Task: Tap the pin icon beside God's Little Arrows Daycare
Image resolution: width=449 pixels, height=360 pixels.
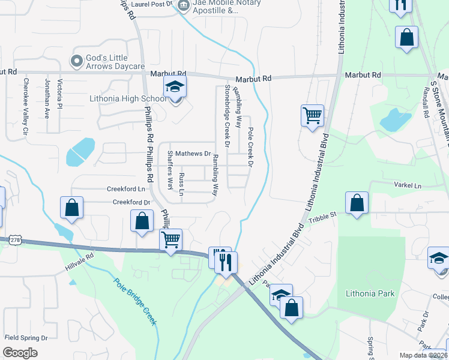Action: point(76,61)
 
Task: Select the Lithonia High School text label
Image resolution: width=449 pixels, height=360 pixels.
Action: point(128,98)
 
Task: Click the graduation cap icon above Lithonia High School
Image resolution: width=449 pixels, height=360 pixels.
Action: point(175,87)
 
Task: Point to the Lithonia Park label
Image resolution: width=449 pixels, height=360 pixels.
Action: point(370,293)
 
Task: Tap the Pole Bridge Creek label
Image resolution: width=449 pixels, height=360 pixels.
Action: point(135,301)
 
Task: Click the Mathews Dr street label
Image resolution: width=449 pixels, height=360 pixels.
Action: point(193,154)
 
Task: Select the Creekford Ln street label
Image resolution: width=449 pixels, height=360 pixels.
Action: point(127,188)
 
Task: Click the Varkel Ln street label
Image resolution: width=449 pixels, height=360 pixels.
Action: point(410,185)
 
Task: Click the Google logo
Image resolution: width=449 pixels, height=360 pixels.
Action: point(20,353)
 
